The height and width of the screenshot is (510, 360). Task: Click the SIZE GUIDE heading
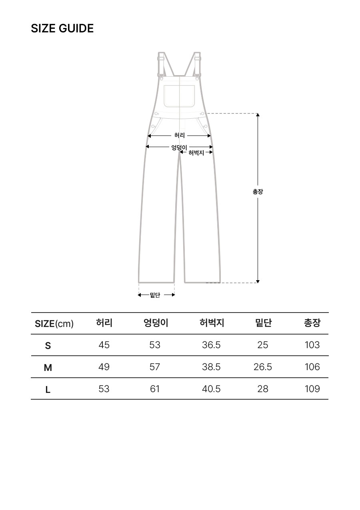coord(62,28)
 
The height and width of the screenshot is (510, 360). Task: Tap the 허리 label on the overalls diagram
coord(179,135)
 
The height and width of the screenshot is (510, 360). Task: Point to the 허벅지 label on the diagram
coord(196,153)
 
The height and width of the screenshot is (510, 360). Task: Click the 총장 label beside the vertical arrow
coord(258,192)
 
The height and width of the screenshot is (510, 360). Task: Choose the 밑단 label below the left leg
coord(155,295)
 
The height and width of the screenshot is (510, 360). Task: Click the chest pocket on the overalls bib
coord(179,96)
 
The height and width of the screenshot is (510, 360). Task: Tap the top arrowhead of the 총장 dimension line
coord(258,115)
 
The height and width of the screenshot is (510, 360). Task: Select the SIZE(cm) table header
coord(54,323)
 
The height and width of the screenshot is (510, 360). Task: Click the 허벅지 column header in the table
coord(212,323)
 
